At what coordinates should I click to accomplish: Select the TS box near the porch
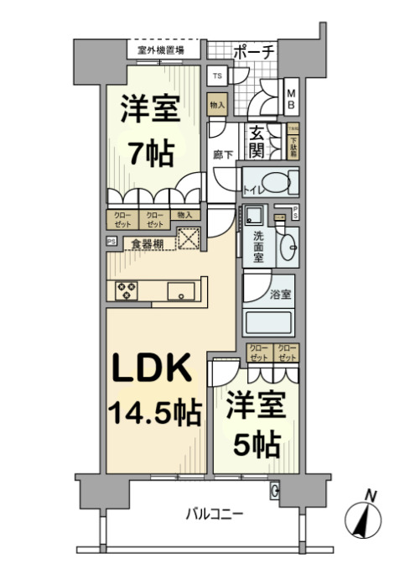tap(218, 76)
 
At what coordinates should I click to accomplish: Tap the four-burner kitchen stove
tap(127, 290)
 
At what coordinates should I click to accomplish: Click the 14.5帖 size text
tap(153, 412)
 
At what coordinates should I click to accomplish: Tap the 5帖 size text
tap(257, 444)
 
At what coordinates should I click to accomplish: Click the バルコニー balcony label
tap(214, 513)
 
